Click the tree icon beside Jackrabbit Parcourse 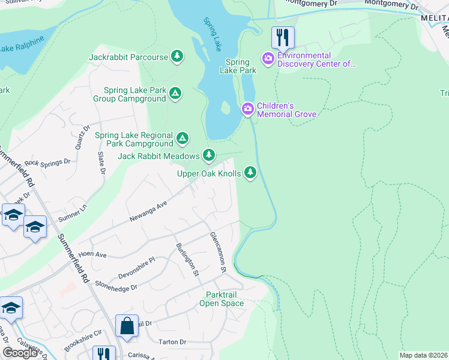[176, 57]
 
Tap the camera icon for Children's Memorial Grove [247, 109]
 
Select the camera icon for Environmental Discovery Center [268, 58]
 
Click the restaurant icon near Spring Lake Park [283, 37]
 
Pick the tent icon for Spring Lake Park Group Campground [175, 94]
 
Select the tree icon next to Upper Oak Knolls [250, 173]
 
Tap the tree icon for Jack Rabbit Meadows [208, 156]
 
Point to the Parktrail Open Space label [225, 299]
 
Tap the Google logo [20, 353]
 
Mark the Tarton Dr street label [173, 342]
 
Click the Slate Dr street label [101, 163]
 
